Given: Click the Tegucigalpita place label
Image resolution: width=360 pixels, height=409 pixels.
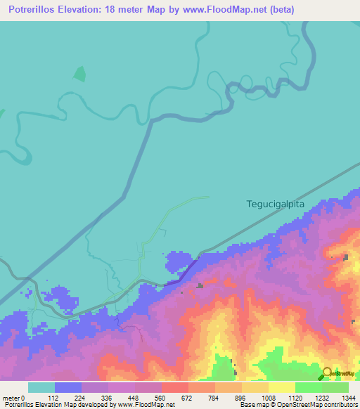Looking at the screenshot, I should (x=276, y=204).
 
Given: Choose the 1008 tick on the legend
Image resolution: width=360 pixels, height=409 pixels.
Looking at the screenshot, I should (x=269, y=398).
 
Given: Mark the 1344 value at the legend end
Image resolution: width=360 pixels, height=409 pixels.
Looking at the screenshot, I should (x=349, y=398).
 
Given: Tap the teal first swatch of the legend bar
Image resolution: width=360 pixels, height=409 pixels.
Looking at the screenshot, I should (x=41, y=387).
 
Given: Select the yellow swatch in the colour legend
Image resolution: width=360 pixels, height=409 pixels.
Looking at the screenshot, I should (x=281, y=387).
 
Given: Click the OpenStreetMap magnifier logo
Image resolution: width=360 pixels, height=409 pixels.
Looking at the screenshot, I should (x=326, y=373).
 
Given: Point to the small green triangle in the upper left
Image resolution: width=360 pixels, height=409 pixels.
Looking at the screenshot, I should (x=80, y=74).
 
